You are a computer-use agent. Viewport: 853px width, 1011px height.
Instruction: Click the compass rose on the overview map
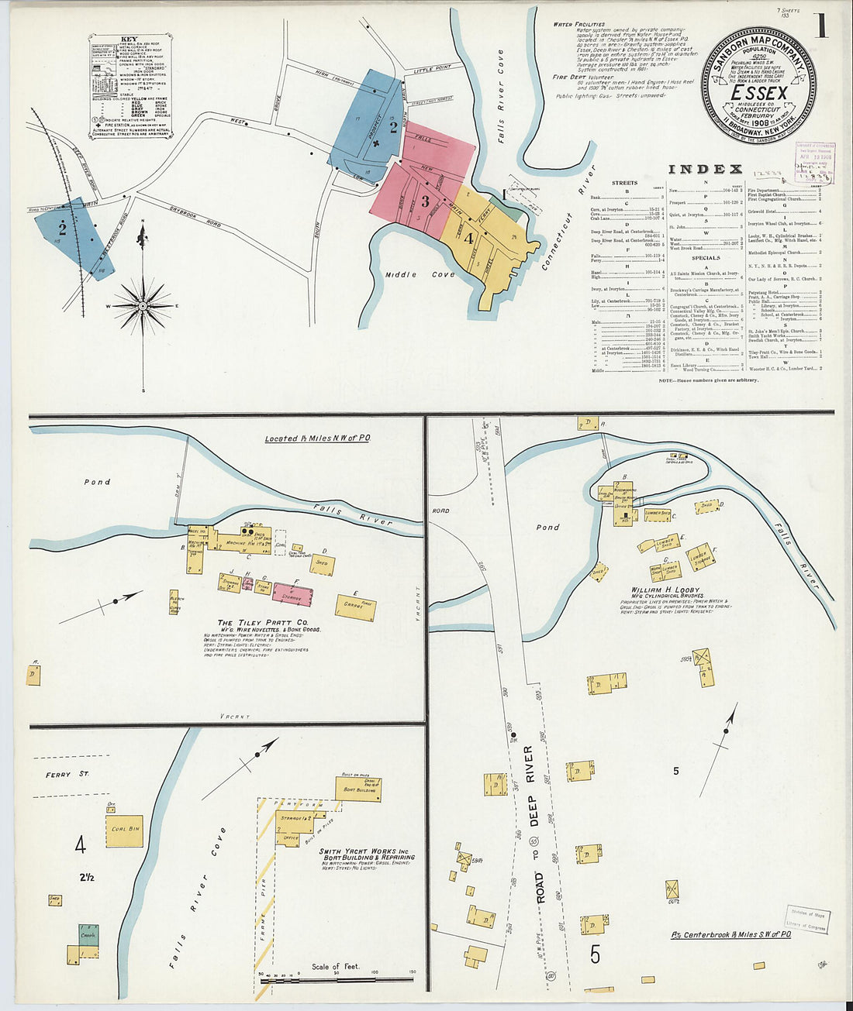coord(143,307)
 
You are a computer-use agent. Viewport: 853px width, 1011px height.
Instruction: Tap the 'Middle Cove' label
coord(412,274)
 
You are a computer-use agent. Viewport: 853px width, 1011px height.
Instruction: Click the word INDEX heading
coord(705,169)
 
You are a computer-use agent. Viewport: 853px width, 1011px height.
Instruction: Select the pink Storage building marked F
coord(292,595)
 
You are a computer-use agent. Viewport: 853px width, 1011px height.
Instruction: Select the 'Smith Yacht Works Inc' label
coord(367,851)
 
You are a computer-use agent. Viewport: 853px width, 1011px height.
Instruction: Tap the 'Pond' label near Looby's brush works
coord(547,528)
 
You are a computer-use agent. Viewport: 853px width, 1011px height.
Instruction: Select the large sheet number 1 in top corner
coord(820,26)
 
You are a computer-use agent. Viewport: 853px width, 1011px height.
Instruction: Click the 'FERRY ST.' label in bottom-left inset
coord(67,774)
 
